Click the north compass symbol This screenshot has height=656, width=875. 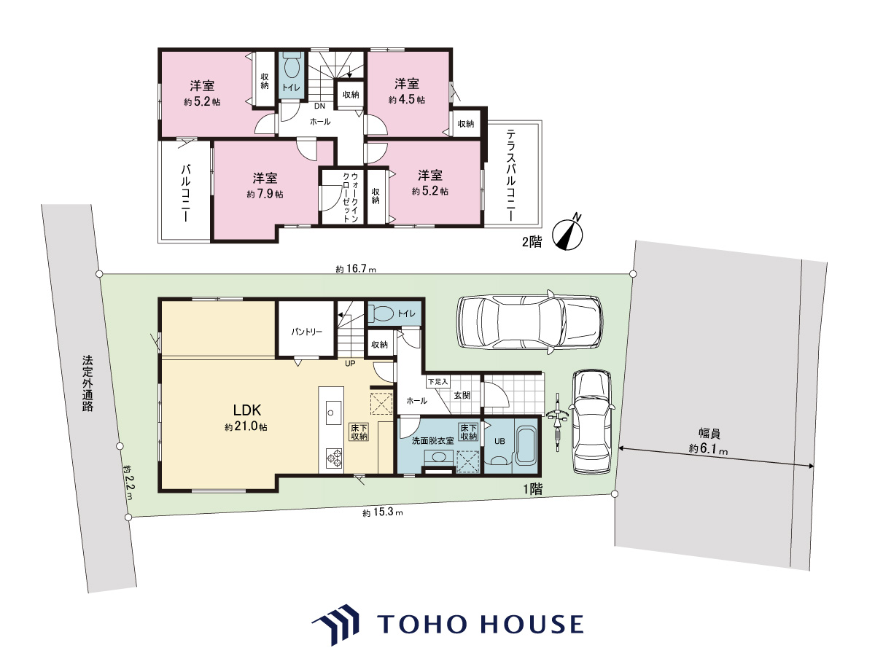(567, 235)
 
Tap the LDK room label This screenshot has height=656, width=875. (247, 410)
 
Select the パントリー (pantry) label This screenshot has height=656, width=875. (306, 332)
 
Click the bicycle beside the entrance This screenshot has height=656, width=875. (558, 422)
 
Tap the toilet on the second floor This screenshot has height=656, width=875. (292, 69)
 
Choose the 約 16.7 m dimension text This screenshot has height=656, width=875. (356, 269)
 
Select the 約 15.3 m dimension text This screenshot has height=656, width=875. (383, 512)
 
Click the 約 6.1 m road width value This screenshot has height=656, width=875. (708, 449)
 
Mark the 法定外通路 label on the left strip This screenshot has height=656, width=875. (87, 383)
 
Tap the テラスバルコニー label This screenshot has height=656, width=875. (510, 175)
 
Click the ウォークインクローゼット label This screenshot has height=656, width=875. (351, 197)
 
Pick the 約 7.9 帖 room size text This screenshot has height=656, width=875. (265, 194)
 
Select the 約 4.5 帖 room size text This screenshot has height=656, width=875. (407, 100)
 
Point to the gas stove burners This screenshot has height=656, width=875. (334, 458)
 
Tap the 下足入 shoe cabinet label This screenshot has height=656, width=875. (438, 382)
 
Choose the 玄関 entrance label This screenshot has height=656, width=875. (462, 395)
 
